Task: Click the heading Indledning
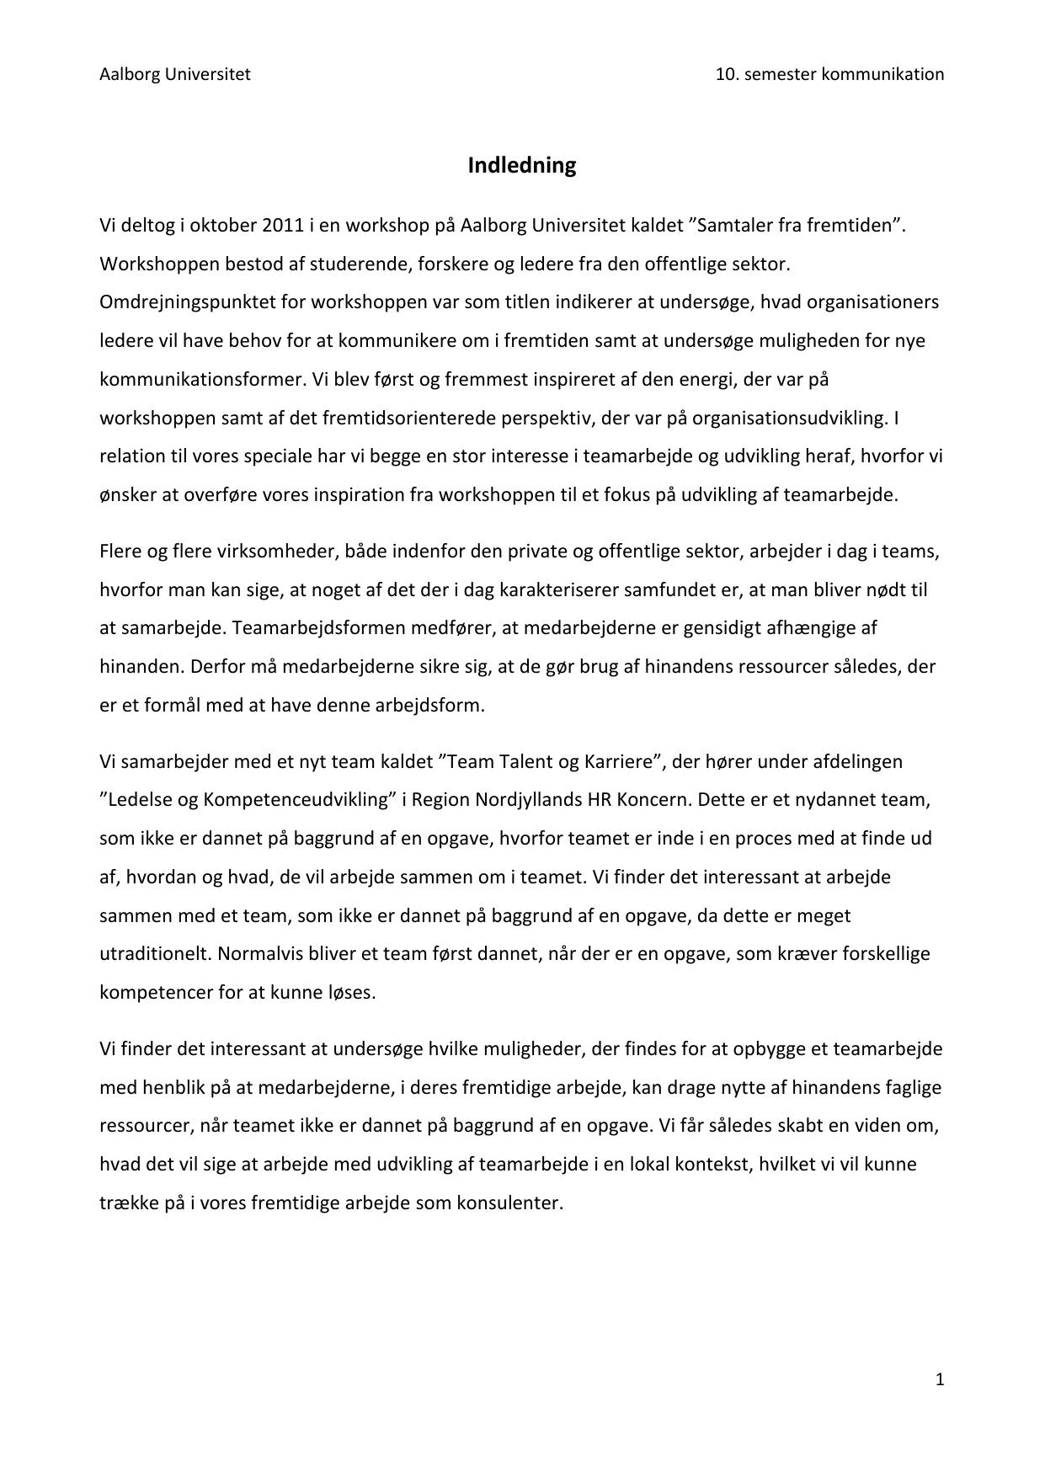click(522, 165)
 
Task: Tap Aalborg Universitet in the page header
click(175, 74)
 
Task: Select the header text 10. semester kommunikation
click(829, 74)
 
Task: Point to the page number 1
click(940, 1379)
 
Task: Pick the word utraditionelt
click(153, 954)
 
